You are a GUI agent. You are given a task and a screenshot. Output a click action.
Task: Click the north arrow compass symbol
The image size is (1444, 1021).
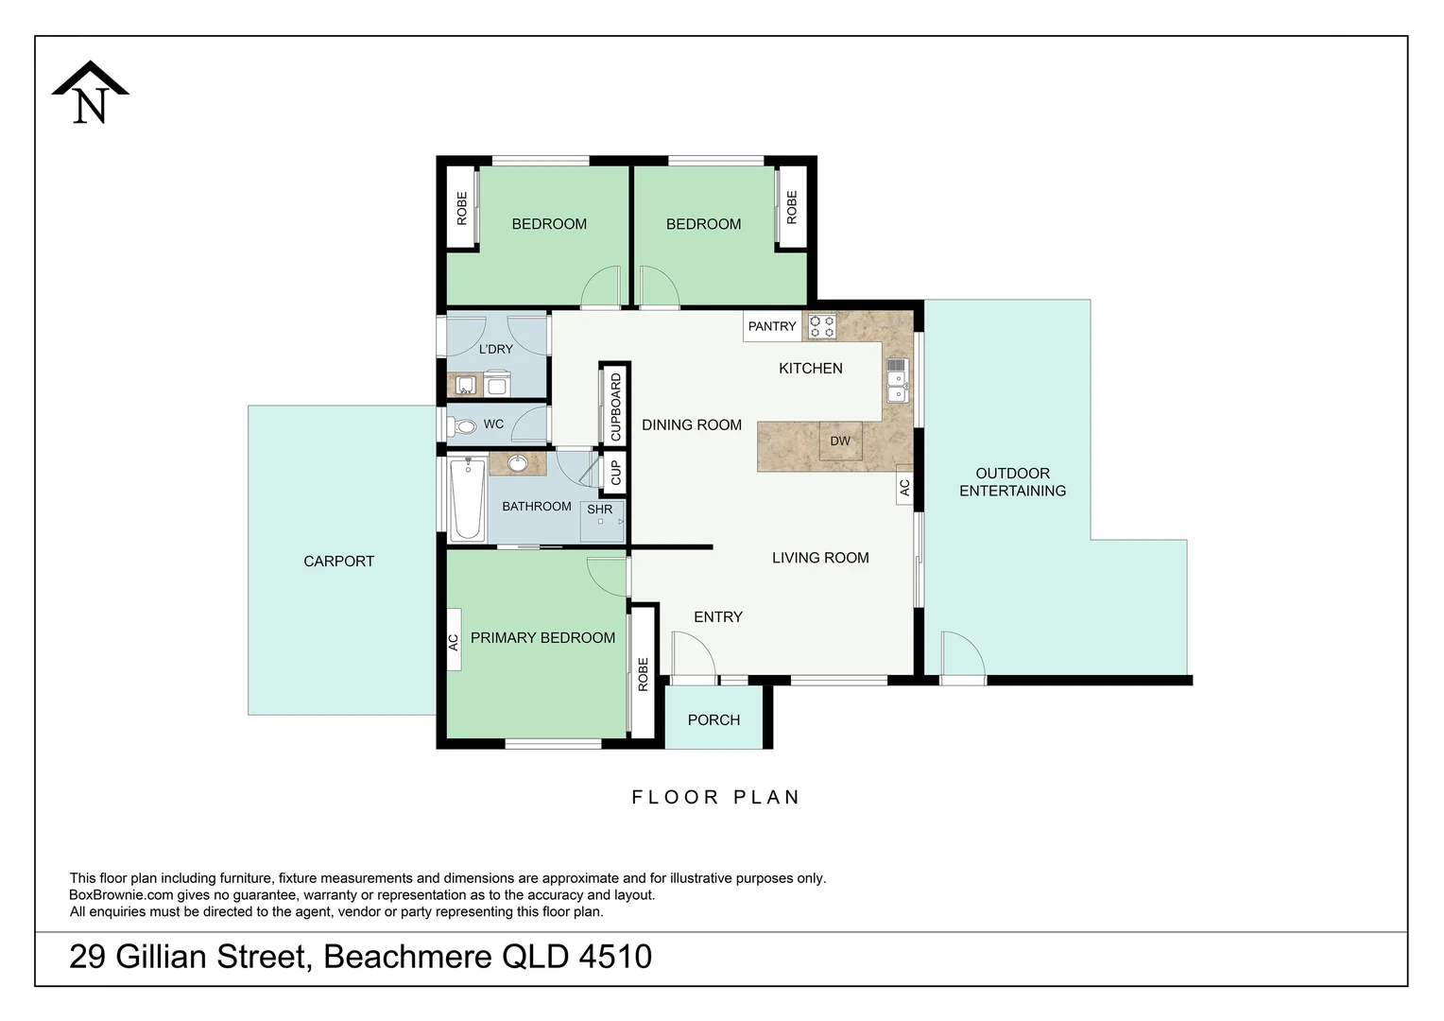click(90, 94)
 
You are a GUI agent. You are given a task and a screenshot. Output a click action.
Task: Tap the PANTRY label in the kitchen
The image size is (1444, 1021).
click(772, 326)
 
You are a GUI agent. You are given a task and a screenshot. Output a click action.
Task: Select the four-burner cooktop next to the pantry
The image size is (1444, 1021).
click(822, 327)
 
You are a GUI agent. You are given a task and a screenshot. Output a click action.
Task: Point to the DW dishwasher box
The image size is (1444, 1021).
click(840, 441)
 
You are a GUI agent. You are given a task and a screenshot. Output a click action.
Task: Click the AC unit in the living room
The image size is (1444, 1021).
click(904, 487)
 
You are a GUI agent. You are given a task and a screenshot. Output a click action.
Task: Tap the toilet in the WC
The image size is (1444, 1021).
click(465, 426)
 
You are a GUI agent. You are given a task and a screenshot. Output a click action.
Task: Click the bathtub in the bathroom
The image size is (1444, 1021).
click(467, 498)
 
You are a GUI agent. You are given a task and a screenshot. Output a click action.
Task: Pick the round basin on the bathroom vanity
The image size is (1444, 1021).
click(518, 463)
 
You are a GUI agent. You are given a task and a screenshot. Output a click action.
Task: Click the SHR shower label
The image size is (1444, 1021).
click(599, 510)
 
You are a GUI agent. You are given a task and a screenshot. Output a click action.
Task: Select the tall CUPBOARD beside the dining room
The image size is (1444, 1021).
click(615, 406)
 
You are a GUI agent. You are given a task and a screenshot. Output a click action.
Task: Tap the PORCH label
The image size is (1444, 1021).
click(713, 720)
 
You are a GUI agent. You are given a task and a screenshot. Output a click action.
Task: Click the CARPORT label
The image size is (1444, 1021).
click(338, 562)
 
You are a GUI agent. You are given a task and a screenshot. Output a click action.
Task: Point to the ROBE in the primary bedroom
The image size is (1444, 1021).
click(644, 673)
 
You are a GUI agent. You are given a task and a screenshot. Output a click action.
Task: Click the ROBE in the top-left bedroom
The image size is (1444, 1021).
click(462, 208)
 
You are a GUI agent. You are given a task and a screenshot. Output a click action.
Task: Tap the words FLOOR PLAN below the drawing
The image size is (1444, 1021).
click(715, 797)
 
